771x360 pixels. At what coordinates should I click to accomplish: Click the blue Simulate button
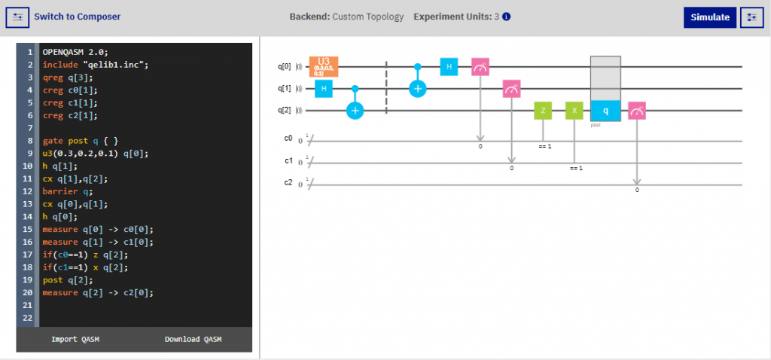point(709,17)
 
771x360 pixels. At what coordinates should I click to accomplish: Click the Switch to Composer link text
point(77,17)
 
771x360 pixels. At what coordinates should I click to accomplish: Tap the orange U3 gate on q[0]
point(324,66)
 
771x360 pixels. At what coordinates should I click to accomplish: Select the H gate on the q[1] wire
point(324,89)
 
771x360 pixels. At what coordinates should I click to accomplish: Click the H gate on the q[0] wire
point(449,66)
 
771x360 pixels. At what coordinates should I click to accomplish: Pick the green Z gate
point(543,111)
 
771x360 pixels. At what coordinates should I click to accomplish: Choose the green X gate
point(574,111)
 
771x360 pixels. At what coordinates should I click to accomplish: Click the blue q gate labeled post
point(605,111)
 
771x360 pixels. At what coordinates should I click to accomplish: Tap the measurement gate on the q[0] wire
point(480,67)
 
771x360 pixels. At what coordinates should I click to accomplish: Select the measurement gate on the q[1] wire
point(512,89)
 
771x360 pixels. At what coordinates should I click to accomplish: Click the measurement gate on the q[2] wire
point(637,111)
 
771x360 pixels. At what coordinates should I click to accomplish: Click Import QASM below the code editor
point(75,340)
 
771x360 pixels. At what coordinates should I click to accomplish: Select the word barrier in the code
point(59,191)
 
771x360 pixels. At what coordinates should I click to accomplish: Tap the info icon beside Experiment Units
point(507,17)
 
